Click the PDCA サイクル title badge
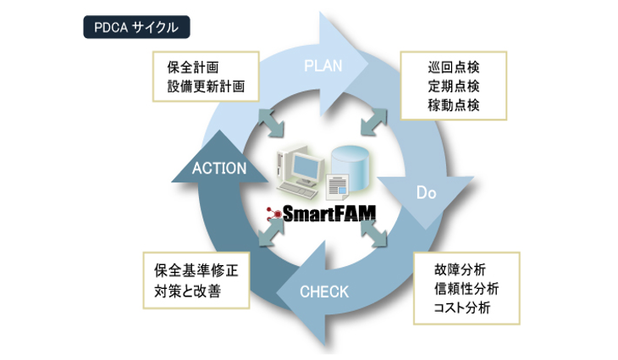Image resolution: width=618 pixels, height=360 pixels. [136, 27]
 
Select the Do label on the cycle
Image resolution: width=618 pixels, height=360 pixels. [426, 192]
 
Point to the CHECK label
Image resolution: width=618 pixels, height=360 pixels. [323, 292]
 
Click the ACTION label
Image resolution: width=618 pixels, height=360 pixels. [218, 168]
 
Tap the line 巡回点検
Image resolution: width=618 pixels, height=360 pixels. [454, 67]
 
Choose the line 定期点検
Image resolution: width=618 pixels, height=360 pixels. [454, 86]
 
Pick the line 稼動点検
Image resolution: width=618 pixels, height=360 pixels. [454, 105]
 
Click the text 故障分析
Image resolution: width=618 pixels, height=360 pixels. [458, 270]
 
